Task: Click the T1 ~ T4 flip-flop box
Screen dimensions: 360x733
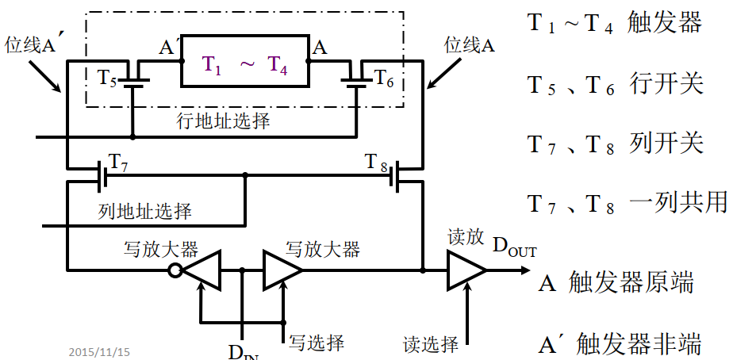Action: [x=244, y=61]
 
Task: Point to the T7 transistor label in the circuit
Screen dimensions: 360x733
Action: [x=118, y=162]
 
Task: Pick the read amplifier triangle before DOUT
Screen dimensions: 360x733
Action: [x=466, y=271]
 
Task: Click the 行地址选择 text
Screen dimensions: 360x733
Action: [x=223, y=121]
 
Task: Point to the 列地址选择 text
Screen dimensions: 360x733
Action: [x=145, y=212]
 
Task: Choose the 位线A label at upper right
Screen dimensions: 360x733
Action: [x=469, y=45]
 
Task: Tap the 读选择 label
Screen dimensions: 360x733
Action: [x=431, y=343]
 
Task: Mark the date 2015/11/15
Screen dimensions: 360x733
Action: [x=98, y=350]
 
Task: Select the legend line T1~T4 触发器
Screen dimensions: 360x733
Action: [x=615, y=22]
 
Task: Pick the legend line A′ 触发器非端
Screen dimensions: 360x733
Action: [x=620, y=344]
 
